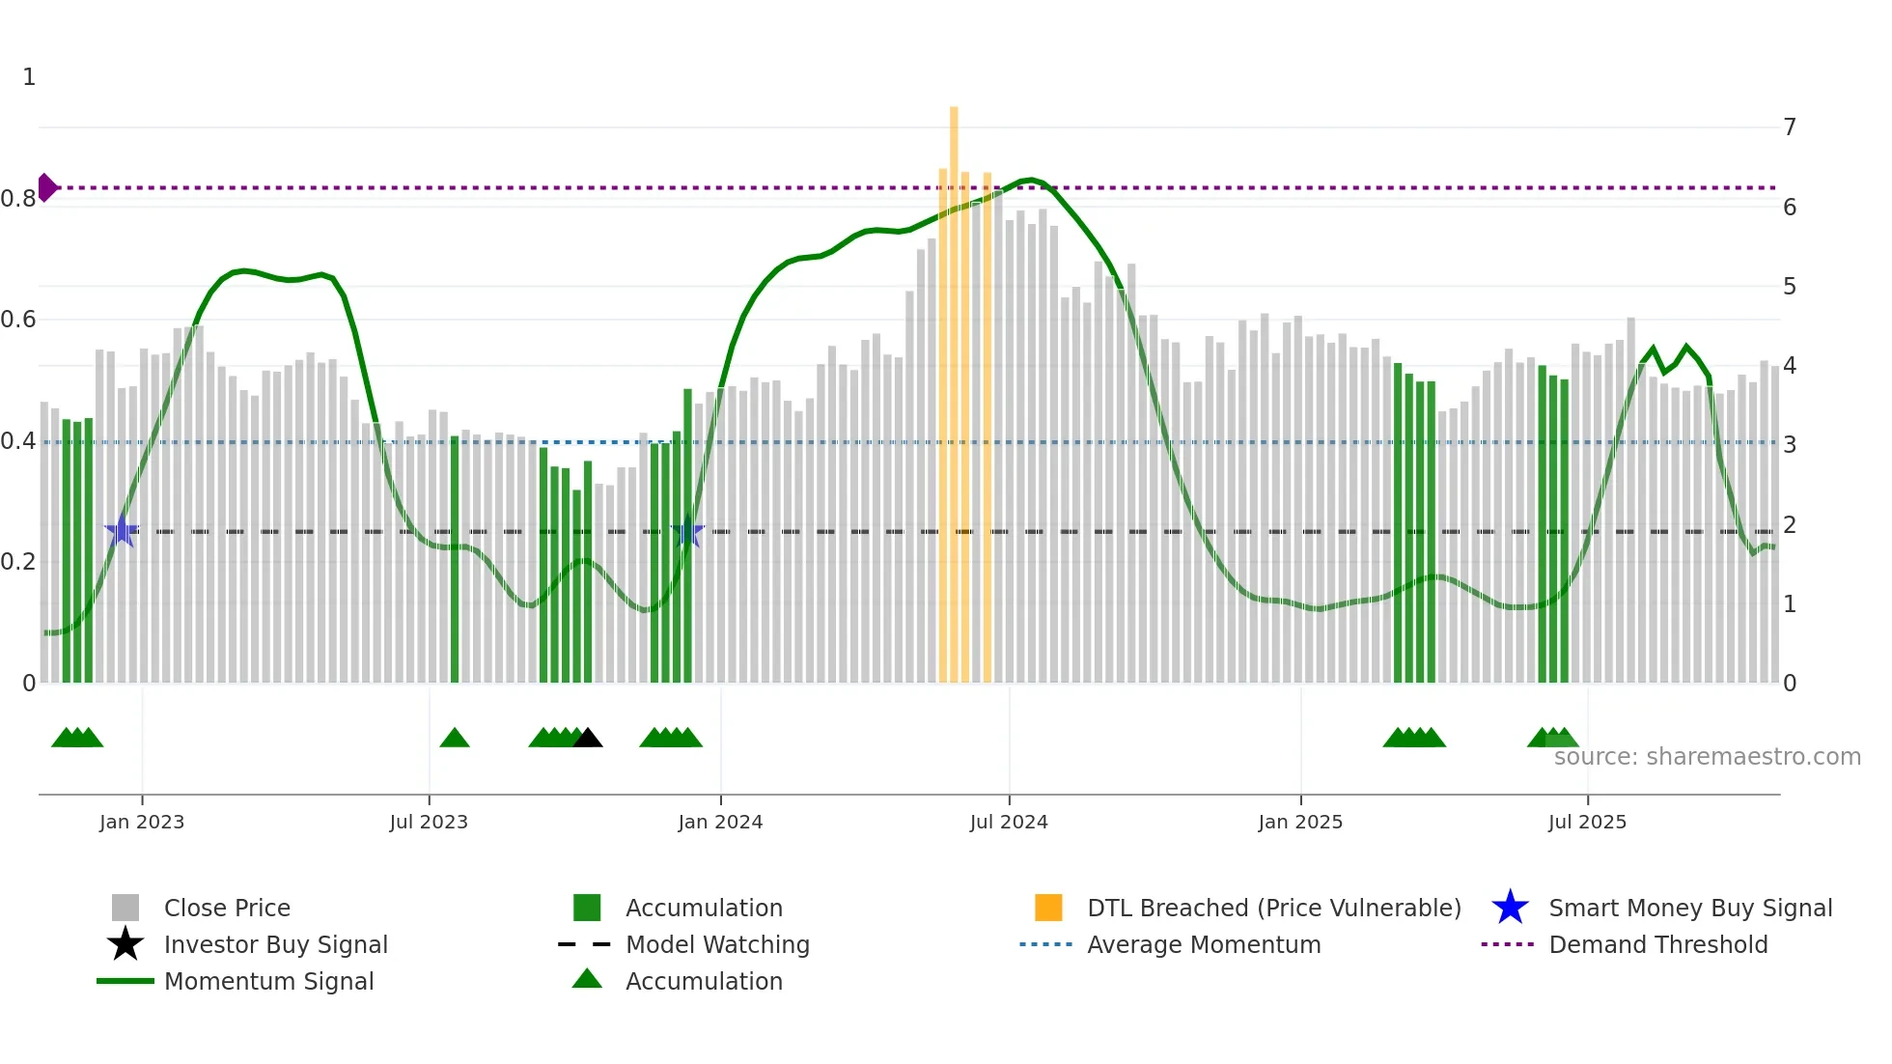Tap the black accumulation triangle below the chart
588,739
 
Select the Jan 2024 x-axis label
720,823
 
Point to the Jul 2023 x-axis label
429,823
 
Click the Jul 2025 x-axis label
1587,823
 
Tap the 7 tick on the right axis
1790,127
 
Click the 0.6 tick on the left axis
19,320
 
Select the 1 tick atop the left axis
29,77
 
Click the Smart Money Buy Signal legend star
1510,908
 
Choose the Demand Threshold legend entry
1657,944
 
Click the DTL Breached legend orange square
1048,908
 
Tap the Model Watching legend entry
717,944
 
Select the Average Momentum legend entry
1203,944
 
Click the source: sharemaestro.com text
1707,757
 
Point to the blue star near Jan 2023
122,531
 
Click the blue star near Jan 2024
687,532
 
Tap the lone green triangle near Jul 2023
455,739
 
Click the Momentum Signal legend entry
268,981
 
